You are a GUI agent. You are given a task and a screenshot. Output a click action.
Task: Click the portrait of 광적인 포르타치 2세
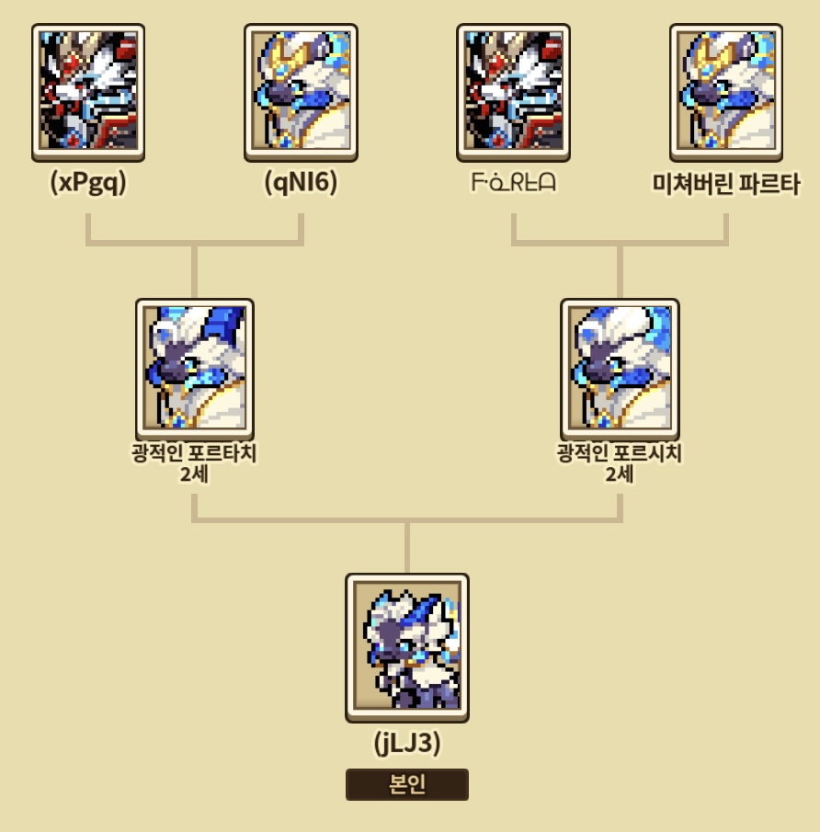[195, 366]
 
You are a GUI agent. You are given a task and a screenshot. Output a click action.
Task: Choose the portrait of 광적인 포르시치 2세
[620, 366]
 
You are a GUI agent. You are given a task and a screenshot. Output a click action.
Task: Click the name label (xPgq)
[88, 183]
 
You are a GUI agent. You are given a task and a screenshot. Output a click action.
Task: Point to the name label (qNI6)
[301, 183]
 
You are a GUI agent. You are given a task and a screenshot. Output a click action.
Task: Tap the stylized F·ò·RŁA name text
[513, 183]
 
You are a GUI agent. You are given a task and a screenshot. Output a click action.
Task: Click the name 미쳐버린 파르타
[725, 184]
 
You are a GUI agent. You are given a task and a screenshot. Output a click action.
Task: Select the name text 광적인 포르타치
[195, 453]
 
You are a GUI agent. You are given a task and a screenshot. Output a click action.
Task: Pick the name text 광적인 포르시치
[620, 453]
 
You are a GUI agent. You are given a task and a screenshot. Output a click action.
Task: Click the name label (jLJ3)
[407, 744]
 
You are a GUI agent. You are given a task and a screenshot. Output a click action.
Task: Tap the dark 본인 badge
[407, 785]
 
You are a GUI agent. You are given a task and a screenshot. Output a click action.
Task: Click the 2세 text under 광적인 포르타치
[195, 474]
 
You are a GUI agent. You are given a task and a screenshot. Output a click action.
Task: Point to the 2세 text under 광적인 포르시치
[620, 474]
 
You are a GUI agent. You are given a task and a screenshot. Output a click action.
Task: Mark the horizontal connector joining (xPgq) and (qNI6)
[195, 244]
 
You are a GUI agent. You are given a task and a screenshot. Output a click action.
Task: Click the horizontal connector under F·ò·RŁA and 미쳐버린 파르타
[620, 244]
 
